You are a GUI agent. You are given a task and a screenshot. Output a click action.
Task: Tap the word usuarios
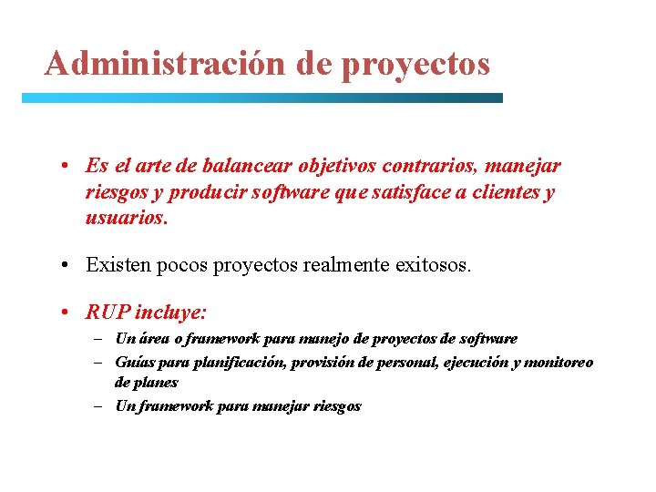tap(126, 220)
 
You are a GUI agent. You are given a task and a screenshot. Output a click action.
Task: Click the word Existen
tap(114, 265)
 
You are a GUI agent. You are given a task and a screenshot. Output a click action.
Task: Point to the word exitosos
tap(435, 265)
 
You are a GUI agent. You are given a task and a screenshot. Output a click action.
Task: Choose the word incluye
tap(170, 313)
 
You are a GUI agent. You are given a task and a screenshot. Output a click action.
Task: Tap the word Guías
tap(133, 362)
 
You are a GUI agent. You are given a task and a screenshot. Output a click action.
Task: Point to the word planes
tap(146, 383)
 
